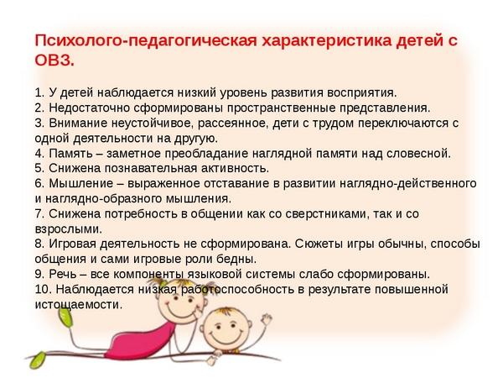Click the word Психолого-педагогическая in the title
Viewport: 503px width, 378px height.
pyautogui.click(x=146, y=41)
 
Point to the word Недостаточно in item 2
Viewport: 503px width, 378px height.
pyautogui.click(x=89, y=108)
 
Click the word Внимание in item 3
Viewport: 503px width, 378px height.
pyautogui.click(x=78, y=123)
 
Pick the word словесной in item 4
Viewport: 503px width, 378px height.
pyautogui.click(x=417, y=154)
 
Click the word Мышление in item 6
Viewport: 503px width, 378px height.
pyautogui.click(x=81, y=183)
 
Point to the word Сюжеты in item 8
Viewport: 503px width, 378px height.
pyautogui.click(x=319, y=244)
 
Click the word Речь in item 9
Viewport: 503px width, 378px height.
pyautogui.click(x=63, y=274)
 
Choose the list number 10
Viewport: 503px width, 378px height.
pyautogui.click(x=43, y=289)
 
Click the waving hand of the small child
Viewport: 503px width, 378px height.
pyautogui.click(x=266, y=321)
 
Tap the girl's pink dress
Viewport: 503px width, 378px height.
pyautogui.click(x=139, y=343)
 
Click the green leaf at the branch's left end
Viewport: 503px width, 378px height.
pyautogui.click(x=37, y=360)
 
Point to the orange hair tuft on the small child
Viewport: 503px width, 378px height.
pyautogui.click(x=226, y=311)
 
